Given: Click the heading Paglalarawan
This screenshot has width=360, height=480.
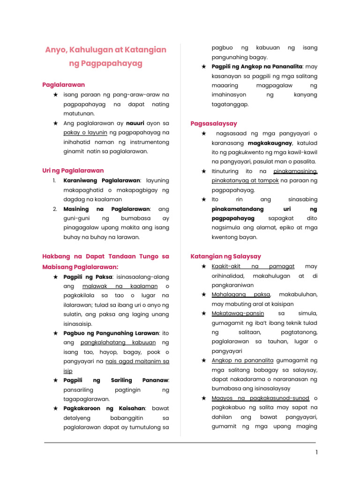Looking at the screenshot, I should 64,85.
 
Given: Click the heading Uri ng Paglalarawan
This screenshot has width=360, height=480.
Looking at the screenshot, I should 73,170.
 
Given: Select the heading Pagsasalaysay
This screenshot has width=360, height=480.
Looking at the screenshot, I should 214,124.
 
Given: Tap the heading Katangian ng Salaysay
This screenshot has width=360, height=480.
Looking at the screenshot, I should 226,256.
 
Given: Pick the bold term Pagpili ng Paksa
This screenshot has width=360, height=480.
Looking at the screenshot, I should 88,277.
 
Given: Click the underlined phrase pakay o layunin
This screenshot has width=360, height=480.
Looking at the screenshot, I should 85,133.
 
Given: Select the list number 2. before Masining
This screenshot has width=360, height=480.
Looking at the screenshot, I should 55,209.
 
